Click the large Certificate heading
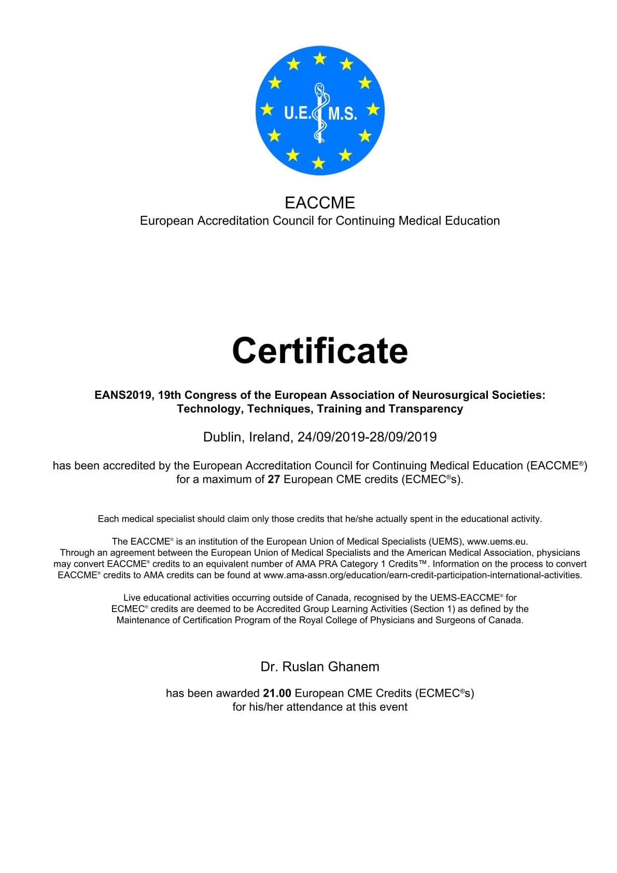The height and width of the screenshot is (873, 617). coord(320,351)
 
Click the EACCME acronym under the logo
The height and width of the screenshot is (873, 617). coord(320,202)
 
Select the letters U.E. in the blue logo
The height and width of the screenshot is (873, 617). coord(297,113)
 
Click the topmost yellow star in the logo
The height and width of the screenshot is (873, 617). coord(320,58)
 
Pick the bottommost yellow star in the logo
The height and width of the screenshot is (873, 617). coord(318,163)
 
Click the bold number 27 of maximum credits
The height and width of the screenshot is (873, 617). coord(274,479)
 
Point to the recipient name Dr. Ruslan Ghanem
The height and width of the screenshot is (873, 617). coord(320,667)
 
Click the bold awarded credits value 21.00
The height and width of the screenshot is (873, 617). coord(277,693)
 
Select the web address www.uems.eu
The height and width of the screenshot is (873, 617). coord(497,542)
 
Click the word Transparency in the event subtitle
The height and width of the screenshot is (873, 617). coord(426,409)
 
